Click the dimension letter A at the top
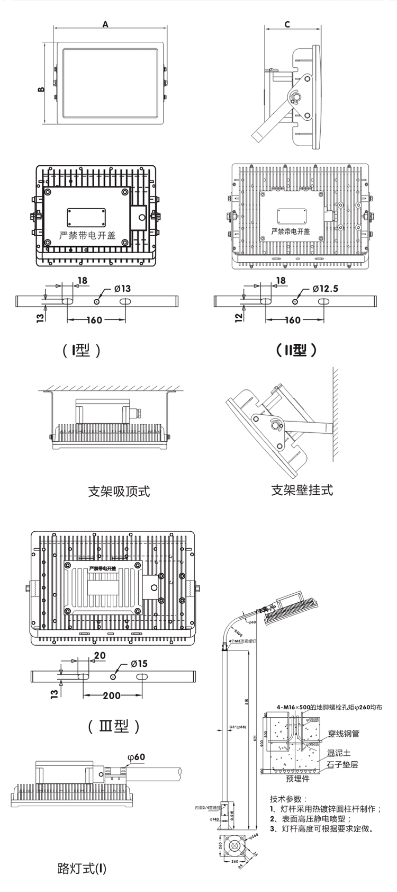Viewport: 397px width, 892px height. (105, 24)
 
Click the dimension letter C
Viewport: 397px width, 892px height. (287, 24)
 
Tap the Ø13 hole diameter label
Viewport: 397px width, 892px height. (122, 289)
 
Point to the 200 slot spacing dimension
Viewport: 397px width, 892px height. (111, 695)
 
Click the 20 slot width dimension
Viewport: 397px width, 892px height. (100, 655)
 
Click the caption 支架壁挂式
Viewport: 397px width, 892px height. (302, 490)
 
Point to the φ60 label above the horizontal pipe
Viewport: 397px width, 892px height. (136, 757)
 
